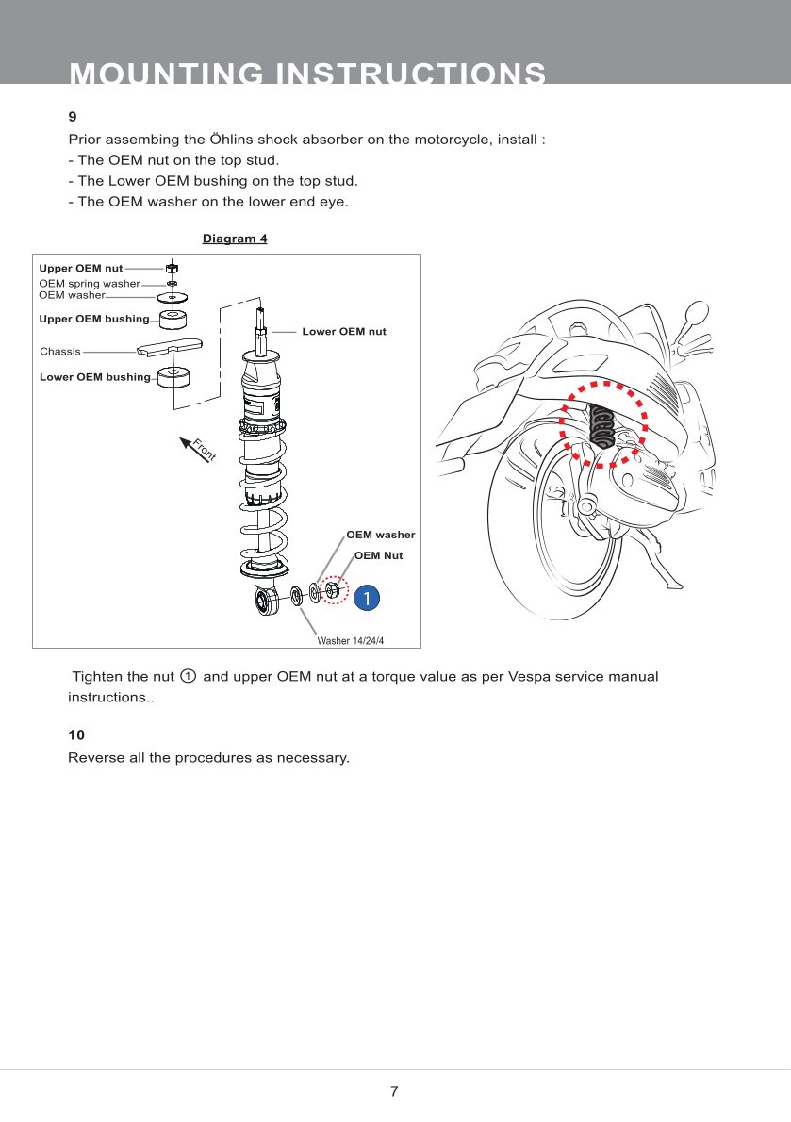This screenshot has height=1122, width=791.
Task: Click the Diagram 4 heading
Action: [235, 239]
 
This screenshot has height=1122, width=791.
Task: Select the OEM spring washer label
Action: [89, 283]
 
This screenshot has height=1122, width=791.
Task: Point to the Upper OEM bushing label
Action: [93, 319]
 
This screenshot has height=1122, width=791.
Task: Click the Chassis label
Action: [60, 352]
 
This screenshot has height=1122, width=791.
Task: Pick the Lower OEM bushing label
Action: [94, 377]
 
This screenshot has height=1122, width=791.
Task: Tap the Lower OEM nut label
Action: [343, 332]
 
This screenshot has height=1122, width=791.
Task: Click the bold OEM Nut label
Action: [378, 555]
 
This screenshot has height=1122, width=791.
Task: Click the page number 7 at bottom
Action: [394, 1092]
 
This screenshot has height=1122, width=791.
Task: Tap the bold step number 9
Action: [72, 118]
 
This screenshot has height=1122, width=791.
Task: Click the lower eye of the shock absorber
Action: [265, 602]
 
